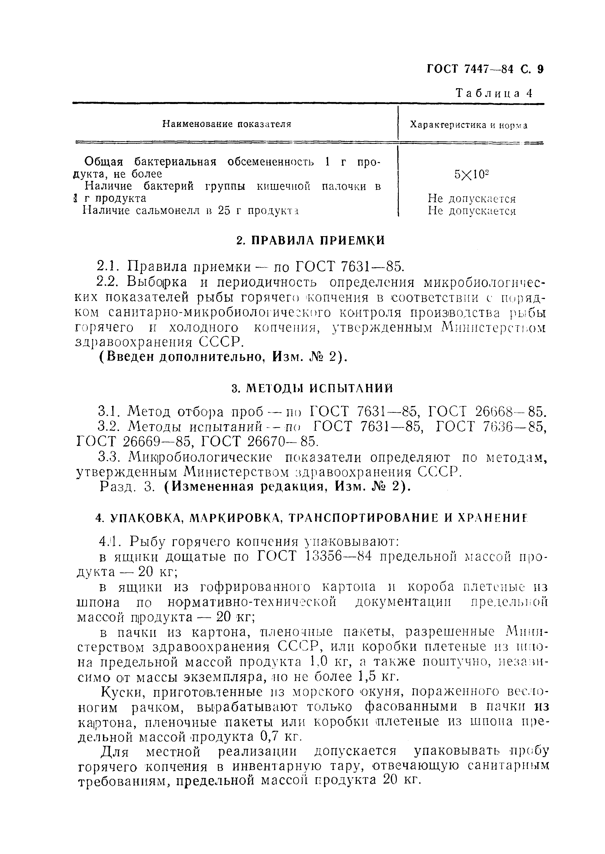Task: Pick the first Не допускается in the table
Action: tap(472, 198)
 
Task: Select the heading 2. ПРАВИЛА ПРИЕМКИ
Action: tap(311, 240)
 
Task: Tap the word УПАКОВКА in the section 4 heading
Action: tap(148, 518)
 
